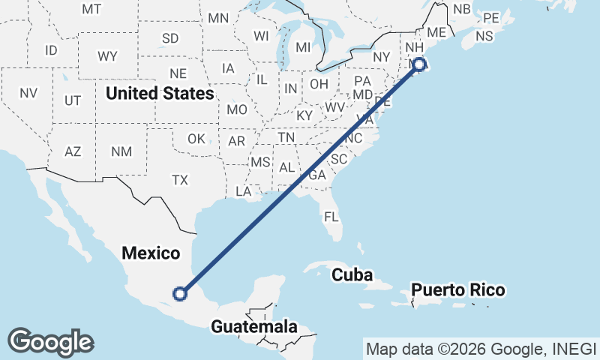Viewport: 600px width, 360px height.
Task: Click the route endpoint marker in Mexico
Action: pyautogui.click(x=179, y=293)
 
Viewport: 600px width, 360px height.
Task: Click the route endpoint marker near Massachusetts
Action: pyautogui.click(x=419, y=64)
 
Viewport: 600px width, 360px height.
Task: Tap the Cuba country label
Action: pyautogui.click(x=352, y=274)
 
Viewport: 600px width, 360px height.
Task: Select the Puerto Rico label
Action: pyautogui.click(x=457, y=290)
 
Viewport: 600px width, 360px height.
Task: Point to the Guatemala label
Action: pyautogui.click(x=254, y=327)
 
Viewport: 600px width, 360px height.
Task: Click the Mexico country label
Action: pyautogui.click(x=151, y=253)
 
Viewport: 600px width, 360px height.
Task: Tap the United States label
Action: pyautogui.click(x=160, y=93)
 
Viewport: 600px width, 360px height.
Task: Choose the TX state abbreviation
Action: pyautogui.click(x=179, y=180)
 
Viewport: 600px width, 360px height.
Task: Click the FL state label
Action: pyautogui.click(x=331, y=217)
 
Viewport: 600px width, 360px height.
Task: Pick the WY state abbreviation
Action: pyautogui.click(x=107, y=56)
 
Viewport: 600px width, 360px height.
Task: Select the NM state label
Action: pyautogui.click(x=121, y=151)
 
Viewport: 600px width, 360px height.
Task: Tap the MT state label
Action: pyautogui.click(x=91, y=9)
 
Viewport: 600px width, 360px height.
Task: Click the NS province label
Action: pyautogui.click(x=484, y=36)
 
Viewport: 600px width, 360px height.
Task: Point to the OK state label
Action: pyautogui.click(x=196, y=139)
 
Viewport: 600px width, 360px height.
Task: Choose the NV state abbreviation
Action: pyautogui.click(x=28, y=93)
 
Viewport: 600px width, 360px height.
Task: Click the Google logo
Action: pyautogui.click(x=50, y=342)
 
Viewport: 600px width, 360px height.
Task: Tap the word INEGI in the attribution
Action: pyautogui.click(x=574, y=349)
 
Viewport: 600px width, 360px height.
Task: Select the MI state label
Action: pyautogui.click(x=303, y=47)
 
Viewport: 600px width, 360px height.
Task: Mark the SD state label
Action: pyautogui.click(x=170, y=38)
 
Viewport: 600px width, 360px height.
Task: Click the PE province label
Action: pyautogui.click(x=491, y=17)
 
